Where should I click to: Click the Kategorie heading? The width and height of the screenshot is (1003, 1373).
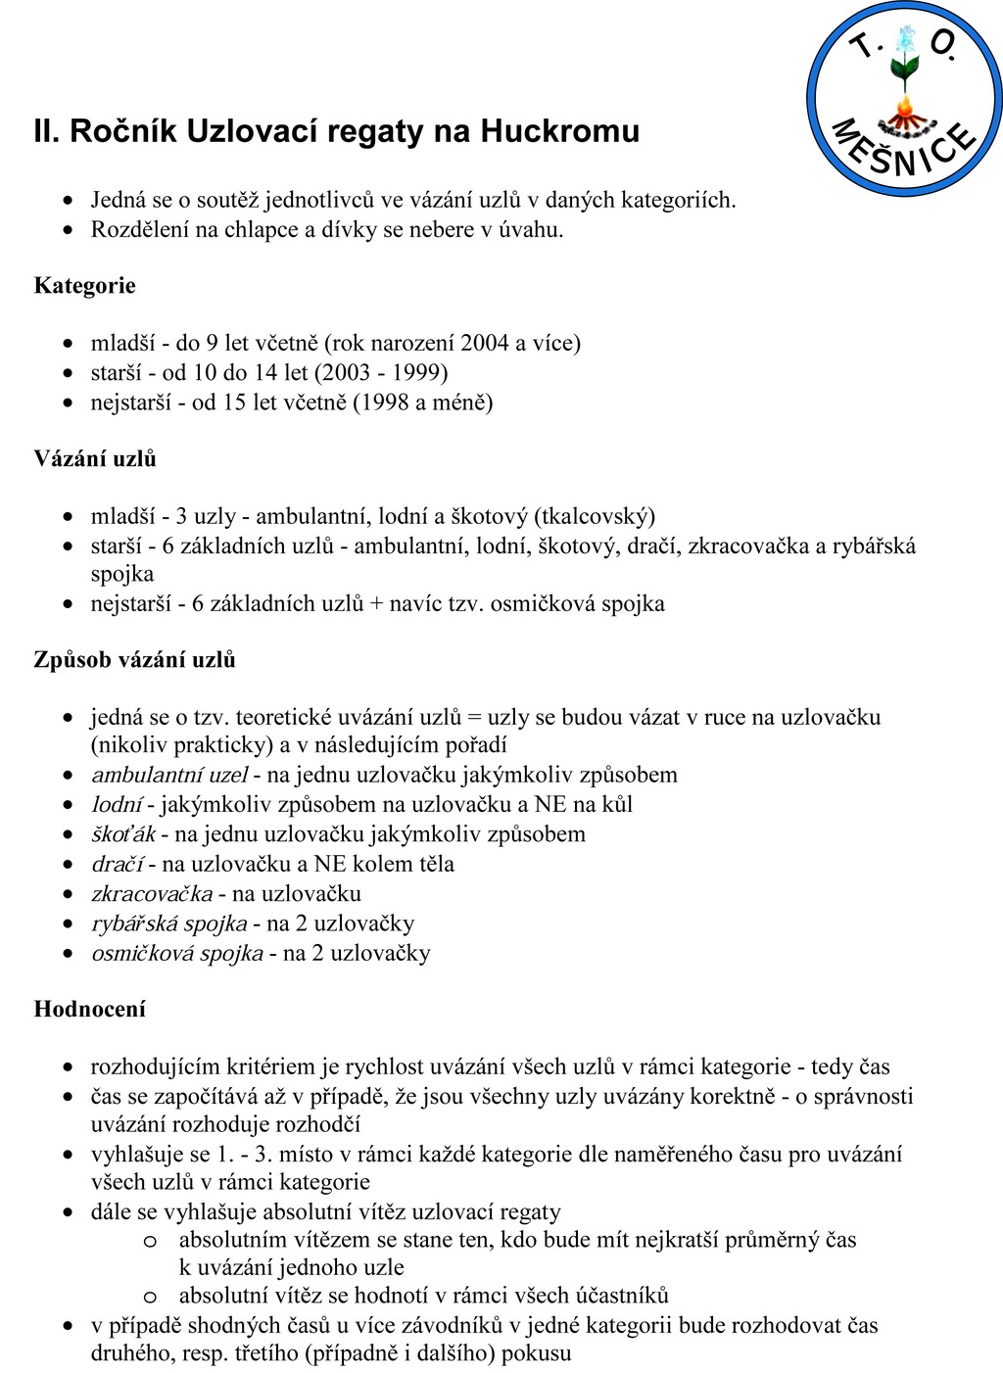coord(84,286)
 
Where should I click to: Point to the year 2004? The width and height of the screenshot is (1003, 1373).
coord(484,343)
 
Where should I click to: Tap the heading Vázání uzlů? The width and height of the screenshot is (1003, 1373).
coord(95,458)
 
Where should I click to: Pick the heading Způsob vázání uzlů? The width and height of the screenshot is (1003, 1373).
coord(134,659)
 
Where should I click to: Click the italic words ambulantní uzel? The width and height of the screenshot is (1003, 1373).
coord(169,775)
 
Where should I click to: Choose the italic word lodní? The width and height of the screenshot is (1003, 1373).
coord(117,804)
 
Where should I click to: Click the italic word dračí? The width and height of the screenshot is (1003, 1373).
coord(117,864)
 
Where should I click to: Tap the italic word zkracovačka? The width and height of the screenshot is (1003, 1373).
coord(152,893)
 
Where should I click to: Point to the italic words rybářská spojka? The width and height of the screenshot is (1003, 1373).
coord(168,923)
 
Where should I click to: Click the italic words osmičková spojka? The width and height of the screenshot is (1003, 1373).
coord(176,953)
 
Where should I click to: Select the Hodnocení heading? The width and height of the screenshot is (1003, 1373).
coord(89,1009)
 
